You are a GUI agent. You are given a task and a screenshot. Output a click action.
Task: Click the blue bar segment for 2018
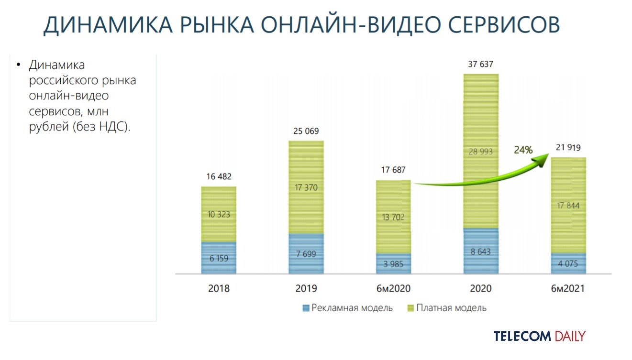coord(219,258)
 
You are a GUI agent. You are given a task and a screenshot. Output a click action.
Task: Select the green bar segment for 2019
coord(306,187)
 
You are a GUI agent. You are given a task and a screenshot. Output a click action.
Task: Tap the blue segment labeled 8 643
coord(481,251)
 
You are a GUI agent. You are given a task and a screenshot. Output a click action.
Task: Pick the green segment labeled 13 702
coord(393,217)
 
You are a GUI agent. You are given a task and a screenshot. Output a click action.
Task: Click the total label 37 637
coord(481,65)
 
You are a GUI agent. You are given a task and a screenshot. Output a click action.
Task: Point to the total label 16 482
coord(219,177)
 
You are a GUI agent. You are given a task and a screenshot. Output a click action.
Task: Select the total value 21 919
coord(568,148)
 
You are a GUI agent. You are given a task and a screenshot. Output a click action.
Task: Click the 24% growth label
coord(523,150)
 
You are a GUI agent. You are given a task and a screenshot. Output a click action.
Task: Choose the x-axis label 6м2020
coord(393,289)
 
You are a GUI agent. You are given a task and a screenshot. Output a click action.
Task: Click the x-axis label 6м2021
coord(568,289)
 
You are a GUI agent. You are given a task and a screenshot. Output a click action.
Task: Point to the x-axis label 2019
coord(306,289)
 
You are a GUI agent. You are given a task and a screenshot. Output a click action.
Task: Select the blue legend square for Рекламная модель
coord(306,308)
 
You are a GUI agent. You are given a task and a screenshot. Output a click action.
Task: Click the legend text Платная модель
coord(451,308)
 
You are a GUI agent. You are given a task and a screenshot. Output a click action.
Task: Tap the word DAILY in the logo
coord(570,336)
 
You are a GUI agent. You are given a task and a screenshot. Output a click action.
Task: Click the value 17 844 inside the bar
coord(568,206)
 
